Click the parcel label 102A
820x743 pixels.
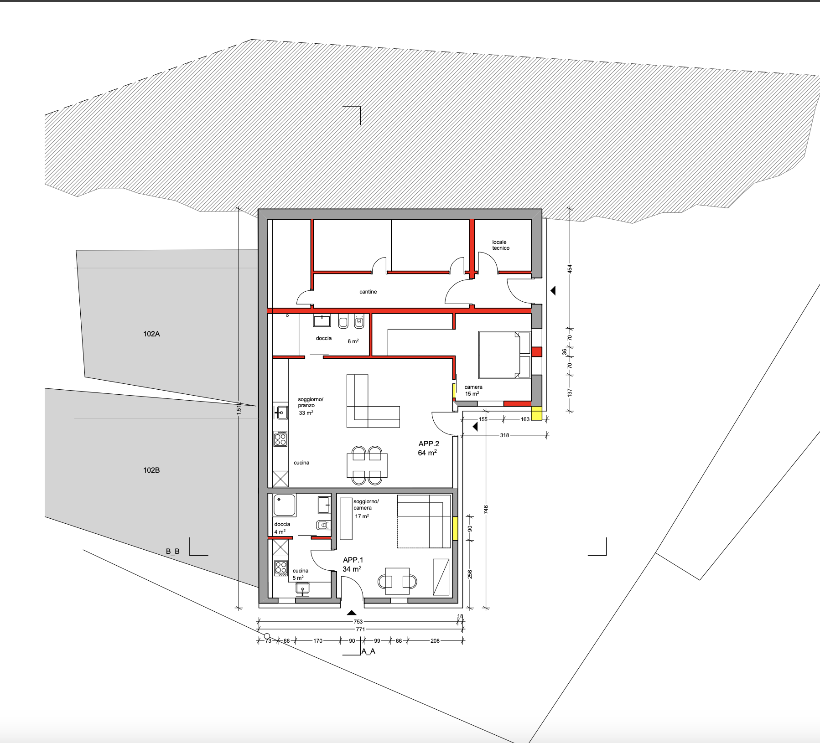151,334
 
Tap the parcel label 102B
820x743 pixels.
151,470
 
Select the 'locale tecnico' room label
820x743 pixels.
500,245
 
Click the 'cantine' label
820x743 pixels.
368,292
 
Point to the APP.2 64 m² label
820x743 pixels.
429,448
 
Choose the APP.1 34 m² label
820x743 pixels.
353,564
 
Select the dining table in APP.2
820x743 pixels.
367,465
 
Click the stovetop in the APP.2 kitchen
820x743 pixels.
280,439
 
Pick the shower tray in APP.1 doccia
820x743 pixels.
285,505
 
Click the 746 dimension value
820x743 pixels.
486,510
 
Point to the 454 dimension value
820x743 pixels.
570,269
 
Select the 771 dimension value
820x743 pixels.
360,629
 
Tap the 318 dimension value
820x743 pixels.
504,435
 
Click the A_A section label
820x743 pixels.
368,651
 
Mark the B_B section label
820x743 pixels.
173,552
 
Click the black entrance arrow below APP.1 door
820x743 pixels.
352,613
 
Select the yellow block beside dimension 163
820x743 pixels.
537,413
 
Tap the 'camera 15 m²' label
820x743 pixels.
473,390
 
